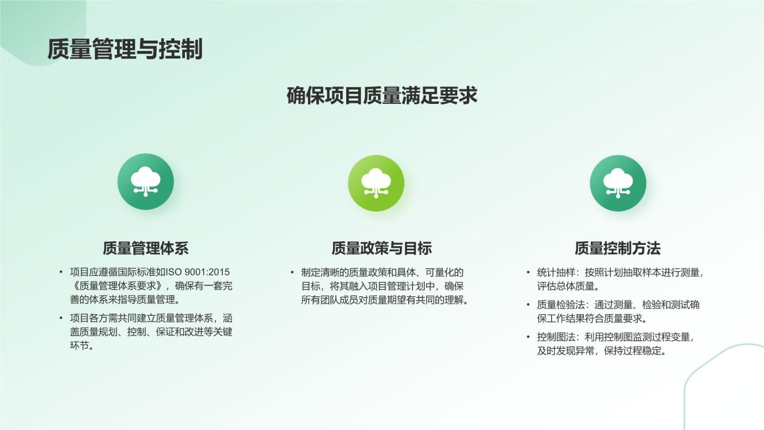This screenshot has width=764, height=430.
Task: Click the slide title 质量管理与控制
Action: tap(125, 49)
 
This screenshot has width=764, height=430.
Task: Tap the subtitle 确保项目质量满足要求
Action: tap(382, 96)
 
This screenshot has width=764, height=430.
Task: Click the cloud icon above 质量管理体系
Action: tap(146, 182)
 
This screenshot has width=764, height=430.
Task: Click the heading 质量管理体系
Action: tap(146, 248)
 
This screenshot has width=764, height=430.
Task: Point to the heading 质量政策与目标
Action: tap(381, 248)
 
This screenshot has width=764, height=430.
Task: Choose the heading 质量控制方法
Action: tap(618, 248)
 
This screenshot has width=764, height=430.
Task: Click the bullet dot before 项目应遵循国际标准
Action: tap(61, 272)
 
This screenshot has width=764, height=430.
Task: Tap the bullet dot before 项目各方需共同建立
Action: tap(61, 318)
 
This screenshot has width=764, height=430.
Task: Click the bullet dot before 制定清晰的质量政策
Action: tap(292, 272)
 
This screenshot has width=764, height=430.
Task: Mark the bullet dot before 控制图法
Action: tap(528, 337)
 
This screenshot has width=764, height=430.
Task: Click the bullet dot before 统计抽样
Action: tap(528, 272)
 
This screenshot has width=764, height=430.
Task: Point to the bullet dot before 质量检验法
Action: tap(528, 305)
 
